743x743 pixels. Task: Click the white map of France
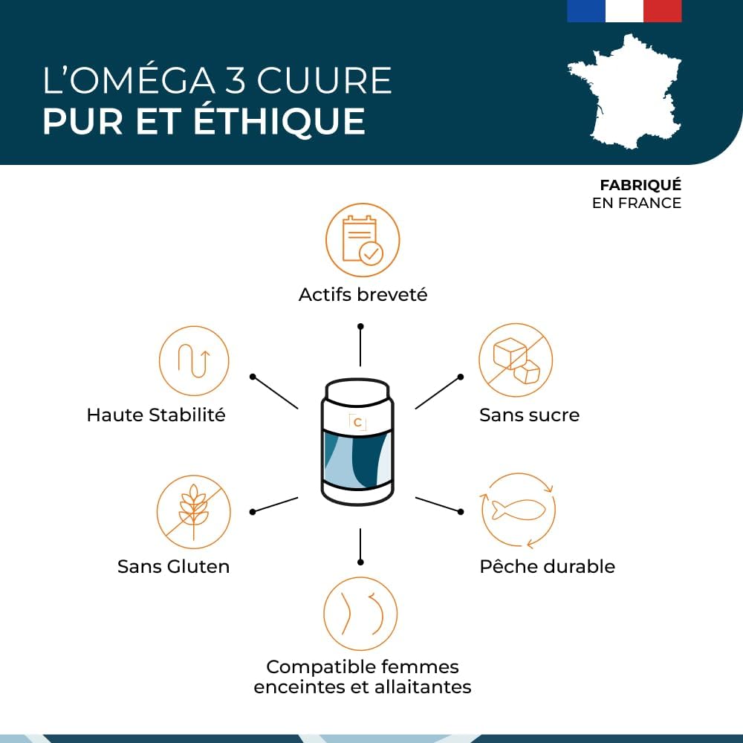(x=625, y=91)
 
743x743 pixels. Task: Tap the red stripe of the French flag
(x=663, y=11)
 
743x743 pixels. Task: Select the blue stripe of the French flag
(x=586, y=11)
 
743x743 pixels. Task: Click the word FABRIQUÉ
(x=640, y=185)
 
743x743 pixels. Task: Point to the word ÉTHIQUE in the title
(x=279, y=120)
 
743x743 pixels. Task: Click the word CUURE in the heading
(x=325, y=80)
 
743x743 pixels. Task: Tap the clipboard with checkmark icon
(x=363, y=240)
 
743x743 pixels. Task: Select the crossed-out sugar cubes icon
(x=516, y=360)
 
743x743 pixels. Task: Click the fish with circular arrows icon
(x=517, y=510)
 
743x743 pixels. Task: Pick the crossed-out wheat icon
(x=194, y=512)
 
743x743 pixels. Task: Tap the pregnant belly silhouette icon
(x=360, y=614)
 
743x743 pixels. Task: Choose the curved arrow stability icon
(x=194, y=361)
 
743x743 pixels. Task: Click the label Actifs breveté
(x=363, y=295)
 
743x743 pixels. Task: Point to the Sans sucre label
(x=529, y=415)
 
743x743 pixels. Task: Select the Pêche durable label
(x=548, y=566)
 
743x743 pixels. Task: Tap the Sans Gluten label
(x=173, y=566)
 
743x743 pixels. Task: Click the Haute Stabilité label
(x=156, y=415)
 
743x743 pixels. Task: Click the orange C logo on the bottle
(x=358, y=422)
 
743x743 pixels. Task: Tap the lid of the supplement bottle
(x=358, y=389)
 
